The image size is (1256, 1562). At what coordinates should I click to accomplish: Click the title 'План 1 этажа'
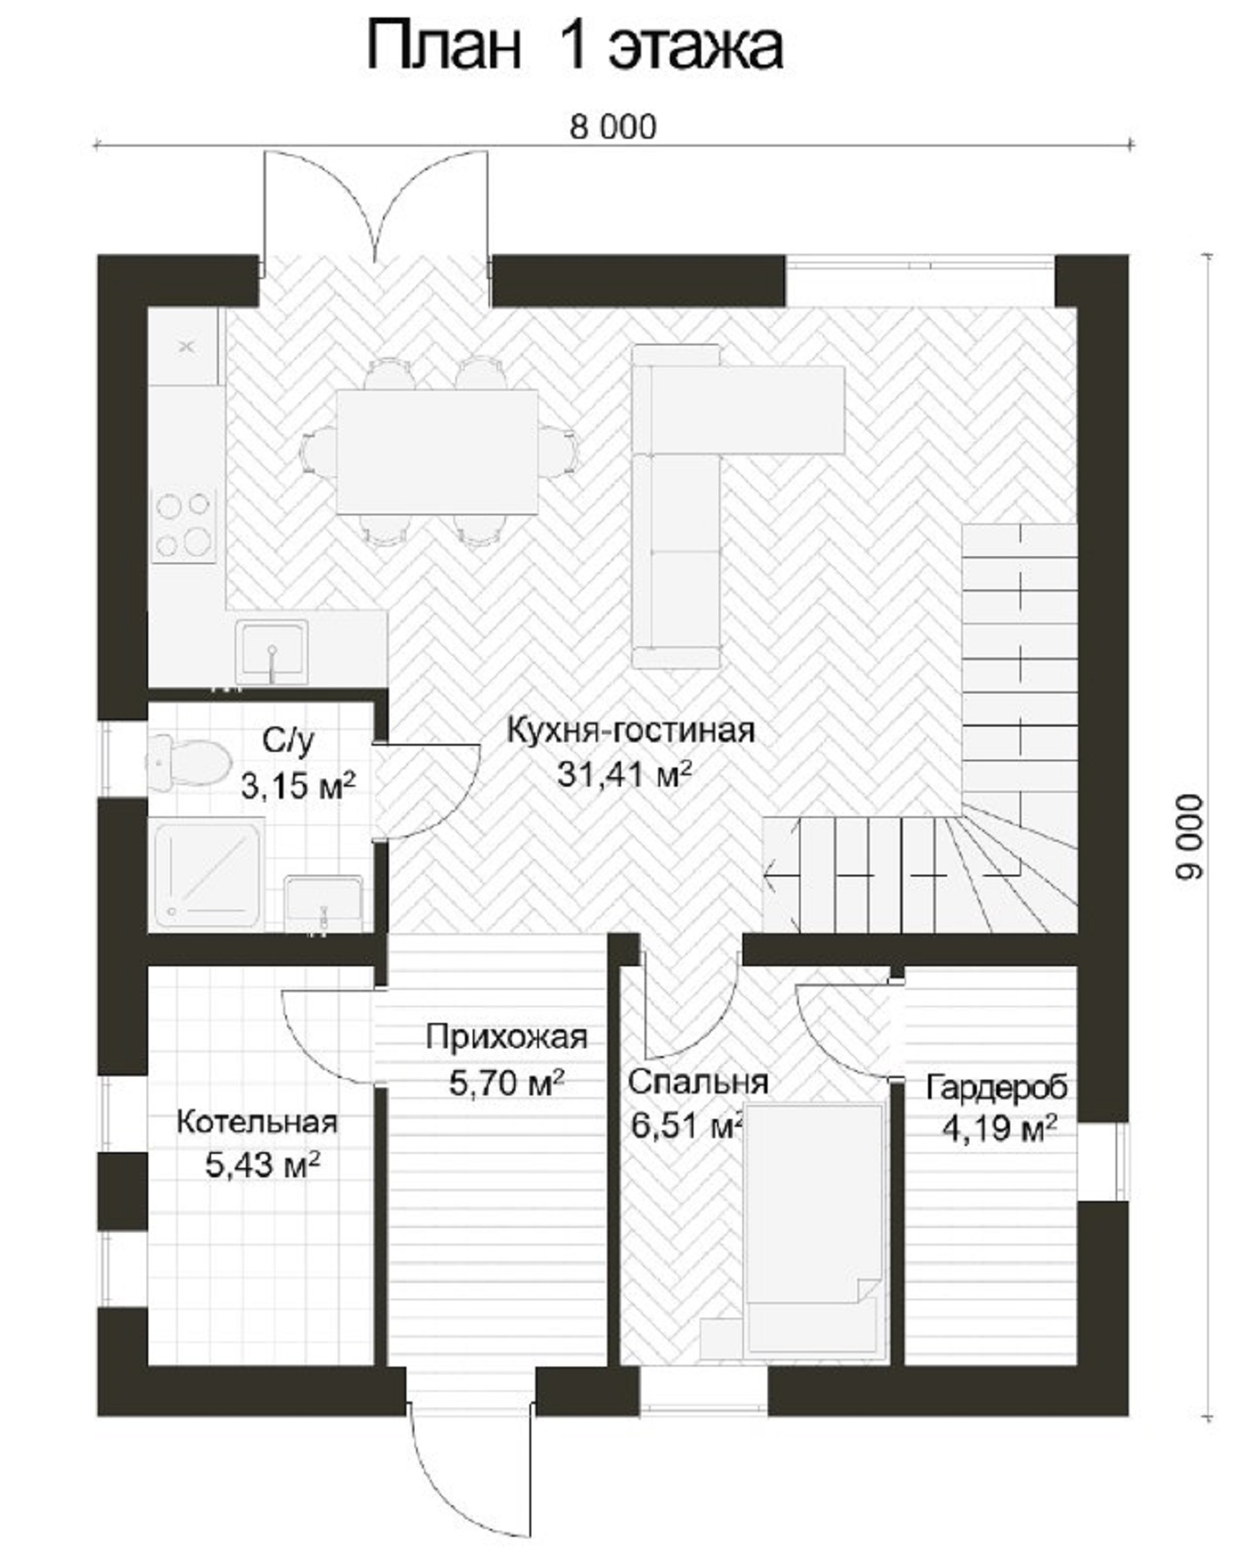[574, 48]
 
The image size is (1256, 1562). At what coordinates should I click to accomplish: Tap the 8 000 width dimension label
[613, 127]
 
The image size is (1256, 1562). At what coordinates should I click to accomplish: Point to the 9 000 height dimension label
[1189, 836]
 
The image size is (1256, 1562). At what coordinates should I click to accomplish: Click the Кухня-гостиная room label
[631, 730]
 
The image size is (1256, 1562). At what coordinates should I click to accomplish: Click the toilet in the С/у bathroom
[186, 762]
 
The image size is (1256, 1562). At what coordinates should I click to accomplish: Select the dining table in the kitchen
[437, 452]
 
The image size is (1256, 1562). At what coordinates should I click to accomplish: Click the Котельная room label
[256, 1122]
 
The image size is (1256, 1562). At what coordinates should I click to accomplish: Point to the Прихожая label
[506, 1037]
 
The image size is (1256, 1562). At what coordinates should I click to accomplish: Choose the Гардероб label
[996, 1088]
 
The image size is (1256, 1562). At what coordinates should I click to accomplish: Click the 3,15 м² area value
[297, 786]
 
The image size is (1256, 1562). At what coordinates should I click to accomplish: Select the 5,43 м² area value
[262, 1164]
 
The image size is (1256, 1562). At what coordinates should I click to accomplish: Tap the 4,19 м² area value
[1000, 1130]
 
